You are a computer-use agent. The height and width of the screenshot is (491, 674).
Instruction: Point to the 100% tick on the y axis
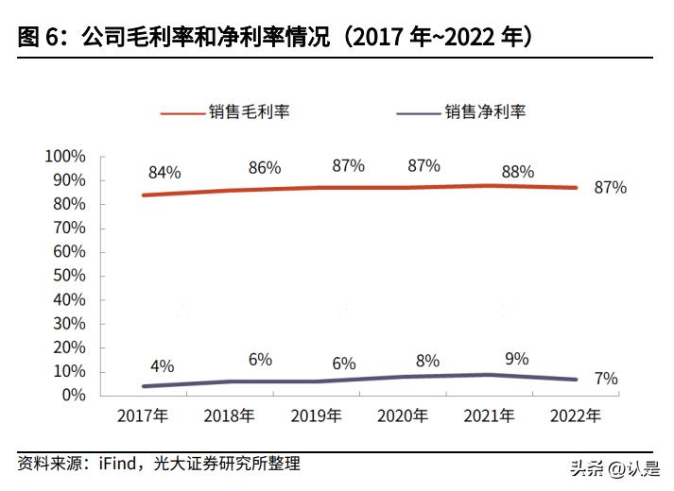65,156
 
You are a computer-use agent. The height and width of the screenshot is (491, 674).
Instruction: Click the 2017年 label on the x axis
142,415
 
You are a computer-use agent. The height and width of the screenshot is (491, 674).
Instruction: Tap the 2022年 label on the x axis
575,415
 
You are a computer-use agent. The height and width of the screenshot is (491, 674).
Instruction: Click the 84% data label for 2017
164,173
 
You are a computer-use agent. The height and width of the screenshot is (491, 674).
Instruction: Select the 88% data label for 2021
517,172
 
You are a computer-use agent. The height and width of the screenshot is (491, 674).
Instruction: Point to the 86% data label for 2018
265,168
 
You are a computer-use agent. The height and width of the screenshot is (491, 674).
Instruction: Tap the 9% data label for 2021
517,359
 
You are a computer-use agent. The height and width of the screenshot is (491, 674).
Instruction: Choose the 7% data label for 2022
606,380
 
